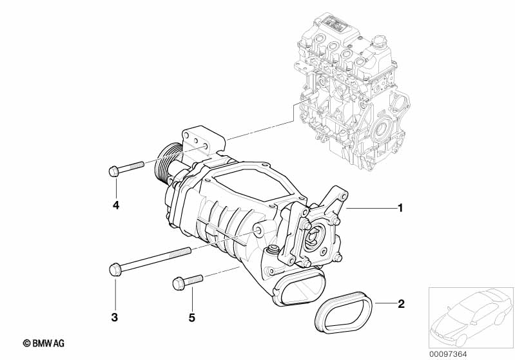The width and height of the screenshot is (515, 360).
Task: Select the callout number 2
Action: (x=400, y=303)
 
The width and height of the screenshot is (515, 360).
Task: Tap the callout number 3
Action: (x=115, y=317)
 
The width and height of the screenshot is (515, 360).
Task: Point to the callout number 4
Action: (x=116, y=205)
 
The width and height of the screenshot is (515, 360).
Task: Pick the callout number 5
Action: (x=192, y=317)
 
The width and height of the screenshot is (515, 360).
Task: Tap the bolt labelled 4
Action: (x=126, y=169)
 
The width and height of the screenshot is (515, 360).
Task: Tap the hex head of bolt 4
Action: (x=112, y=171)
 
